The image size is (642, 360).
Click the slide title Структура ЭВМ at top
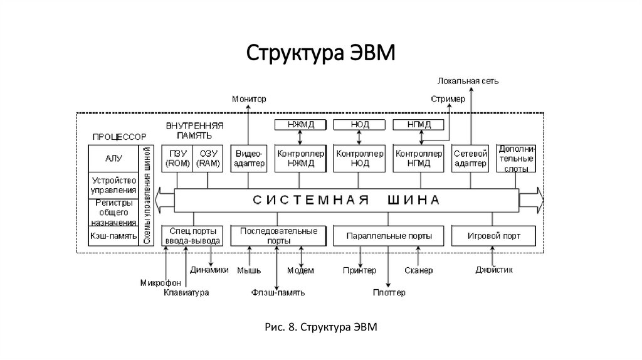point(320,53)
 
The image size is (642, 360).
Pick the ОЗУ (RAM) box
point(207,159)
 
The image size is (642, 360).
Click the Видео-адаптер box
point(248,159)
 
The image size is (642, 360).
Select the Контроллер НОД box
point(360,159)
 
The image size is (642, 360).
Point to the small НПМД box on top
point(419,125)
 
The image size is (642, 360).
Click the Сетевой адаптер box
point(470,159)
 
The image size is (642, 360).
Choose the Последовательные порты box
point(278,236)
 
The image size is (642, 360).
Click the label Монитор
point(248,99)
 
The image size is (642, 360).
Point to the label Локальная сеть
point(468,81)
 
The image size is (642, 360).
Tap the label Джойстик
point(495,271)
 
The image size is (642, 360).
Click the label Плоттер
point(389,292)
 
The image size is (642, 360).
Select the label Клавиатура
point(186,292)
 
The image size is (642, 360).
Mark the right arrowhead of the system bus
point(533,201)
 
